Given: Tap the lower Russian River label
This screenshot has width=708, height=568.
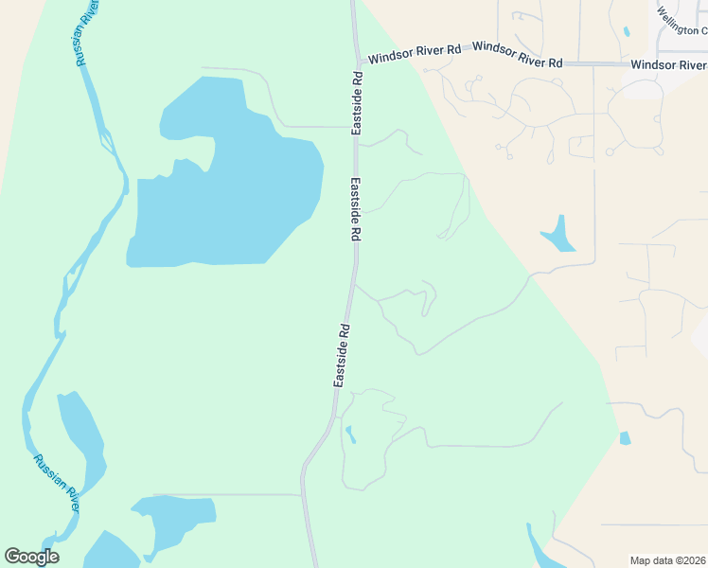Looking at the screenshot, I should (58, 484).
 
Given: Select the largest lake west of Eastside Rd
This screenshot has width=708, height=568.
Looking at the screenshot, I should (227, 189).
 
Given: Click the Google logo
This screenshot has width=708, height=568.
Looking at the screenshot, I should (31, 557).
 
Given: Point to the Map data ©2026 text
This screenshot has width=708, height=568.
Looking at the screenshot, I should (667, 559).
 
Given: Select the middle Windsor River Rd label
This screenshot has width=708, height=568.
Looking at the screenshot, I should (517, 54).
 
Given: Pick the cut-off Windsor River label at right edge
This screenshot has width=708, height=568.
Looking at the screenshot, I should (668, 65).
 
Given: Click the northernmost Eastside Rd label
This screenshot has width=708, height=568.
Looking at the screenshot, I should (357, 104).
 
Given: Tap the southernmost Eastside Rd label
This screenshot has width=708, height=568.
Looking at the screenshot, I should (343, 355).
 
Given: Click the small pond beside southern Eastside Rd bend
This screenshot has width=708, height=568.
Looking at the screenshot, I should (350, 435).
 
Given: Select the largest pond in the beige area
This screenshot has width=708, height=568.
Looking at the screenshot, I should (558, 236).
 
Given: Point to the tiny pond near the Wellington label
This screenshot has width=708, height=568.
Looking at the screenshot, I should (627, 31).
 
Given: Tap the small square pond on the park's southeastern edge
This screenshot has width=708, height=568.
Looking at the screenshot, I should (625, 438).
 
